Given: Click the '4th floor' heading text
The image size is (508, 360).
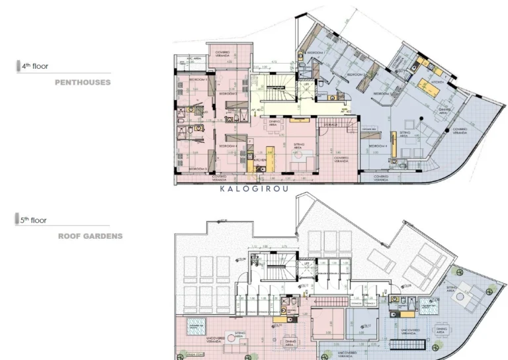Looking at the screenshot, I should click(35, 66).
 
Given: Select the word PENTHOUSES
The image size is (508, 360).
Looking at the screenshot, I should click(83, 83).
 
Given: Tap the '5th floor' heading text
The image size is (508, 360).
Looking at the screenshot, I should click(35, 220).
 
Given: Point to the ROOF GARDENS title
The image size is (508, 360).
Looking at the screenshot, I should click(90, 236).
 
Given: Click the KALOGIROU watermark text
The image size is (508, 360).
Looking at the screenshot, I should click(257, 189).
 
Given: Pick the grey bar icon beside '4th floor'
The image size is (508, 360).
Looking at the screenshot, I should click(18, 66).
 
